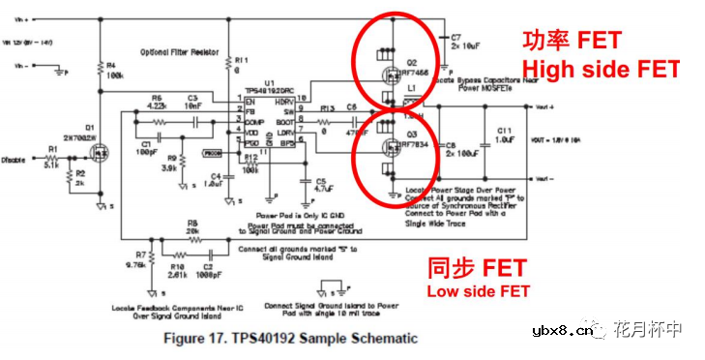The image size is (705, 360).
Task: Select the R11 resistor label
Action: (241, 60)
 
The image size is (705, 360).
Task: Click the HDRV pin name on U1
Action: (284, 101)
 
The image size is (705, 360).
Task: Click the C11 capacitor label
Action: (504, 129)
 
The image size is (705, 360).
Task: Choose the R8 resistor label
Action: (193, 223)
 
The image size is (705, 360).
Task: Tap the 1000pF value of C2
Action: (210, 275)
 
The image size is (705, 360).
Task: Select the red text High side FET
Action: (601, 70)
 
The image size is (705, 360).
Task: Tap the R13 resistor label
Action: (327, 108)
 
